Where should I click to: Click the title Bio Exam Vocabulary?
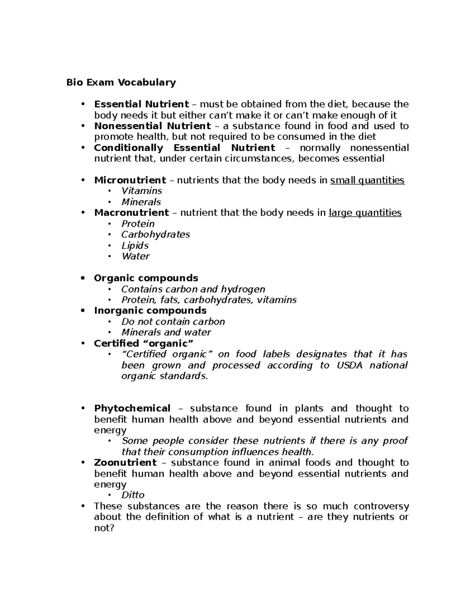[121, 82]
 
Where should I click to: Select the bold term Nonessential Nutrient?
[152, 126]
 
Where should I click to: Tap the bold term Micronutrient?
[130, 180]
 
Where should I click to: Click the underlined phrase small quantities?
[367, 181]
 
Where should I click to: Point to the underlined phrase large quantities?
[365, 213]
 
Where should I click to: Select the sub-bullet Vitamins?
[142, 191]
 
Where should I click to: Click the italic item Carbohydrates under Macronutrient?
[156, 234]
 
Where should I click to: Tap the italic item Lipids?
[135, 246]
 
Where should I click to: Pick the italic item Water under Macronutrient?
[135, 256]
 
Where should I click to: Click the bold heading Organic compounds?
[146, 278]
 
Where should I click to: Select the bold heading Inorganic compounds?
[150, 310]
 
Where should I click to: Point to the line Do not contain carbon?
[173, 322]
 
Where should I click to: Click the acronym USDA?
[349, 365]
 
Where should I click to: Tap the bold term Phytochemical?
[132, 408]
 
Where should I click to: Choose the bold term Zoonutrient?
[125, 463]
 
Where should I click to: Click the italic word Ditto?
[133, 495]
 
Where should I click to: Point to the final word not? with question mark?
[104, 528]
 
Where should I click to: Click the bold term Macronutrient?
[131, 213]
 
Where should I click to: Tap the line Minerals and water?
[166, 332]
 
